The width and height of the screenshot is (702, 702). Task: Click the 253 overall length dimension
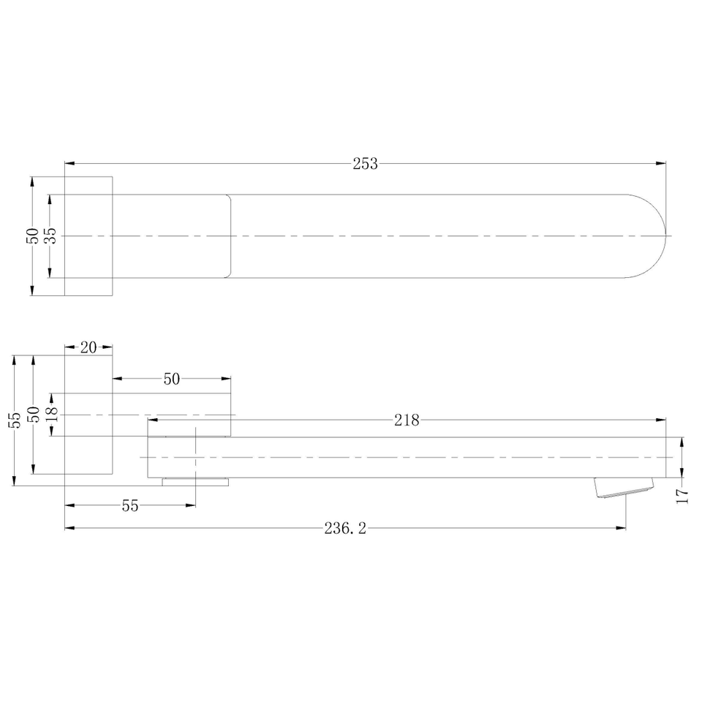tap(366, 164)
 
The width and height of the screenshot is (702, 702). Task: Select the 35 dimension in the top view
tap(52, 235)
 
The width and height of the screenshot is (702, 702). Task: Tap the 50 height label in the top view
tap(33, 236)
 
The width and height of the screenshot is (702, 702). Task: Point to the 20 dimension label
tap(88, 347)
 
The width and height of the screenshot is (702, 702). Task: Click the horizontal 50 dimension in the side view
tap(171, 380)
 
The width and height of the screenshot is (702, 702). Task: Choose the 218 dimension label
tap(407, 420)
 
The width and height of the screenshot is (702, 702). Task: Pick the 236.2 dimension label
tap(345, 529)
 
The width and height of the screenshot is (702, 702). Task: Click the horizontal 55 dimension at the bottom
tap(130, 506)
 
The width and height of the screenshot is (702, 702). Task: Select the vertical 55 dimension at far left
tap(15, 420)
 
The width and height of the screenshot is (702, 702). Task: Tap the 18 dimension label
tap(52, 414)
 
